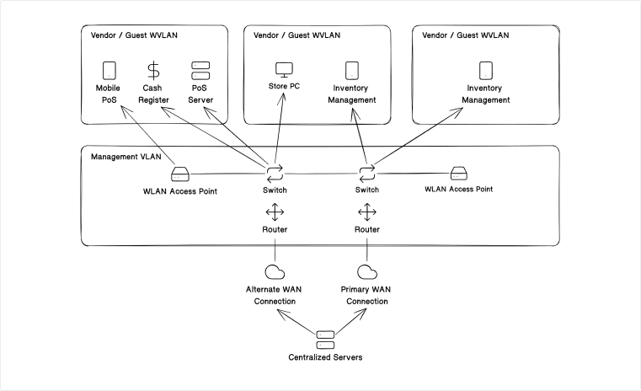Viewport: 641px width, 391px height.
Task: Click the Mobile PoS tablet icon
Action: click(x=109, y=70)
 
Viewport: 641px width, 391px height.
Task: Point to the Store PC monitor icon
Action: click(x=284, y=70)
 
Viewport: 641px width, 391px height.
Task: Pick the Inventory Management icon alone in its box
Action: click(x=486, y=70)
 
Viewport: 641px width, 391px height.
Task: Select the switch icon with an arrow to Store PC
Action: click(x=275, y=174)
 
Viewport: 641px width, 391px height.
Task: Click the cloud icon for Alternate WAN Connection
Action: click(x=275, y=271)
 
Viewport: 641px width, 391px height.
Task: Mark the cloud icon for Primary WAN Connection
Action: click(x=366, y=271)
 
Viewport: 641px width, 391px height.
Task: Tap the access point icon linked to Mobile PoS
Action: click(x=180, y=174)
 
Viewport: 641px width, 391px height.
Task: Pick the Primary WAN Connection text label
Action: click(x=366, y=295)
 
